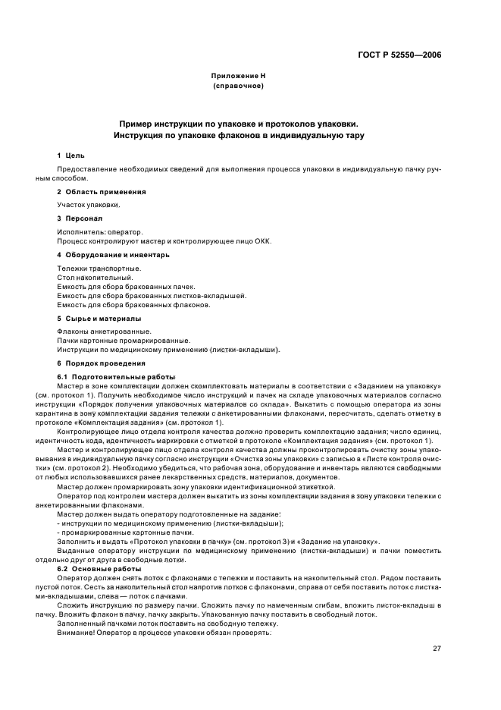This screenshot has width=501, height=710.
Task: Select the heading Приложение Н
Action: [238, 76]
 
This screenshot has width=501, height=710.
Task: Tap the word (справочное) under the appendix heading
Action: [238, 86]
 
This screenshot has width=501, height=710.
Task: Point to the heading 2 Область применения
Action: [102, 192]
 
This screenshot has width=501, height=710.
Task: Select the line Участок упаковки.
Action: [89, 205]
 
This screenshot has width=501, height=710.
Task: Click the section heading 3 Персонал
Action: [80, 218]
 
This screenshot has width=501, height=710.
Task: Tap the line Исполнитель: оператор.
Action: [100, 231]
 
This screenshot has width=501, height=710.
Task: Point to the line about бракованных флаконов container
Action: [133, 305]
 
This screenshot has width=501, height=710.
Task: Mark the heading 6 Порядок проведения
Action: [98, 363]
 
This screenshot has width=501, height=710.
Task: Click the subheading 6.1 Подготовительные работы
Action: [116, 377]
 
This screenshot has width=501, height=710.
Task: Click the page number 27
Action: [437, 647]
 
